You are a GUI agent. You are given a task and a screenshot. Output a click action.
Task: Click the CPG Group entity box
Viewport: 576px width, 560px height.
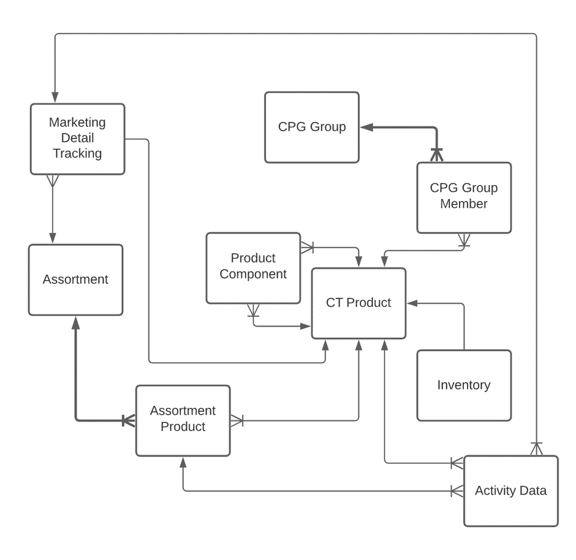point(311,127)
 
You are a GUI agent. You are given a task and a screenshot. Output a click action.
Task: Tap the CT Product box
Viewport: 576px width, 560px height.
point(358,303)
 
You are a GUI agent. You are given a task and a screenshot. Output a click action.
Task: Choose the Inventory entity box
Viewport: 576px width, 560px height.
point(464,385)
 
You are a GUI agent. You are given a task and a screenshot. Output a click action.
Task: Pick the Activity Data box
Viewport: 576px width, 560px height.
point(510,491)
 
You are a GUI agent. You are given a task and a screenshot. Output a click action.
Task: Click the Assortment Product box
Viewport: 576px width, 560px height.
point(183,420)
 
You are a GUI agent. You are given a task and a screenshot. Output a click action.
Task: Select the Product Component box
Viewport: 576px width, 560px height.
point(253,267)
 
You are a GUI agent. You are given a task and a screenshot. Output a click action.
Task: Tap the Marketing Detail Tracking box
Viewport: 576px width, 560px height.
point(77,138)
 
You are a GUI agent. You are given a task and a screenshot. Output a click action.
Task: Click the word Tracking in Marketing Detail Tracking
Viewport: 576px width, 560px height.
point(77,154)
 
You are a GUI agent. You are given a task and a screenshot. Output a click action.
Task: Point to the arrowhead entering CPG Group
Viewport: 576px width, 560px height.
point(365,127)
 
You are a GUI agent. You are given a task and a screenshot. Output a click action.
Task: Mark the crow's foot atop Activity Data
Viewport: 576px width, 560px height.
point(536,448)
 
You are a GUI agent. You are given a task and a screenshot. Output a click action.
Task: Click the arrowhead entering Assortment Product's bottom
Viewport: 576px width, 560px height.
point(183,463)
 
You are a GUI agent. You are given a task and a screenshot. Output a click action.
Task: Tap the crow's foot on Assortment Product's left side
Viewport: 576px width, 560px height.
point(129,420)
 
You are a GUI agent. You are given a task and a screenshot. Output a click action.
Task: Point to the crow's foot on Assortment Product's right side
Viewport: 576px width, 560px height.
point(237,420)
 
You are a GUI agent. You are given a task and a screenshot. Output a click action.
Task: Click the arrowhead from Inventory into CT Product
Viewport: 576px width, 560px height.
point(412,303)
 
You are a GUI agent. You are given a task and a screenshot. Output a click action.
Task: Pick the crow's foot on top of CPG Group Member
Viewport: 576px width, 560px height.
point(436,155)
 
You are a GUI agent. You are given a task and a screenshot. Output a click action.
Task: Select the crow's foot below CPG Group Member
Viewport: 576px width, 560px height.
point(464,240)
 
